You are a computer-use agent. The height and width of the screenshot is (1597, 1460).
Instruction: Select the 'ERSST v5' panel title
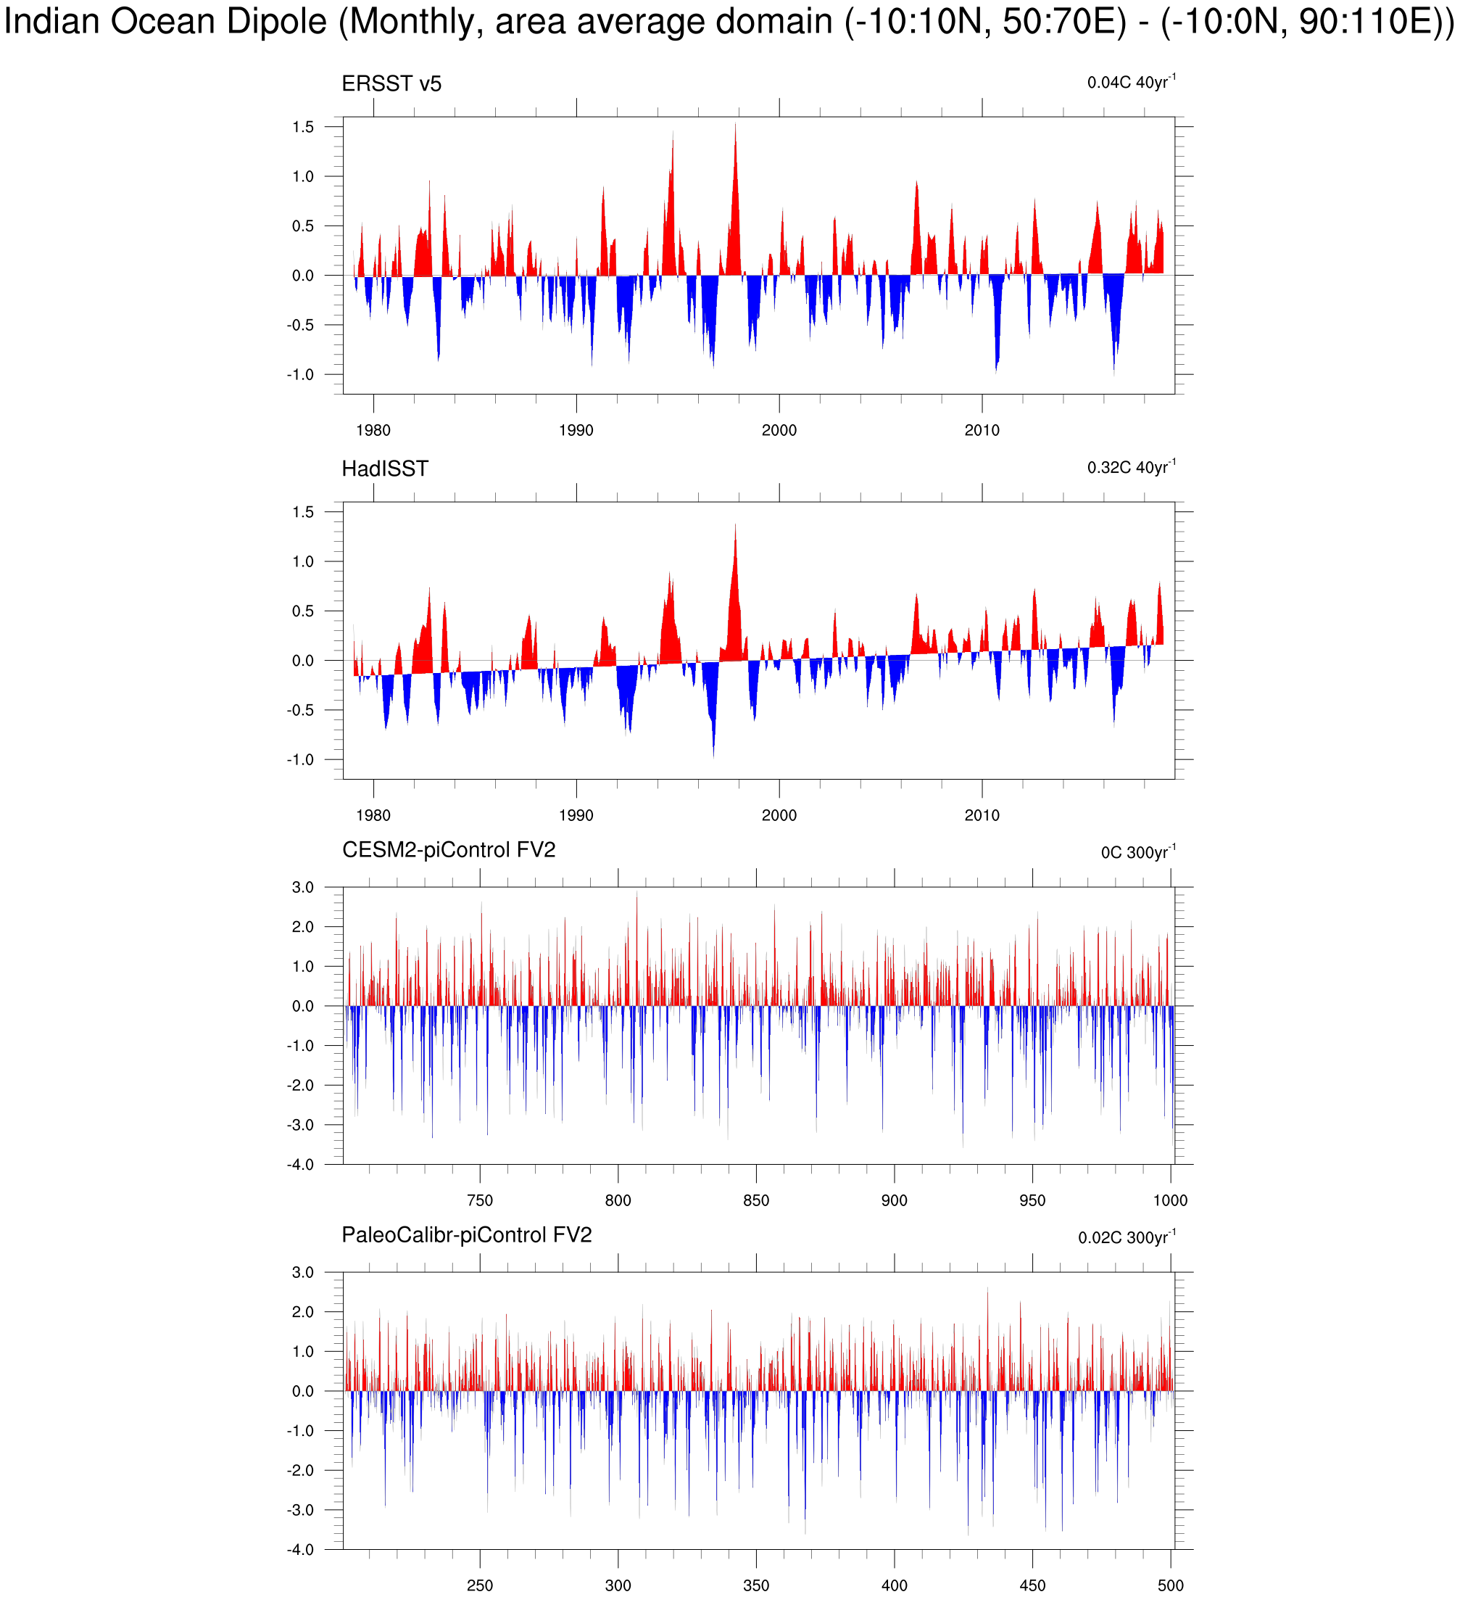[x=391, y=84]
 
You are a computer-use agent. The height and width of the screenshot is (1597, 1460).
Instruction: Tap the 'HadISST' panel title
[x=385, y=469]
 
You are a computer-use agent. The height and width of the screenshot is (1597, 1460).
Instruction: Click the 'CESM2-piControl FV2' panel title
[x=448, y=850]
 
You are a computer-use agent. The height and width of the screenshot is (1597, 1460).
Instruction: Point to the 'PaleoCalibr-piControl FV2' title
[x=466, y=1235]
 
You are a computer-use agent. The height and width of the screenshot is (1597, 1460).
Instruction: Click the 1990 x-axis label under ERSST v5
[x=576, y=430]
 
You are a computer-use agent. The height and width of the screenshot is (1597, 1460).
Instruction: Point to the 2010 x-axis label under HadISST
[x=982, y=815]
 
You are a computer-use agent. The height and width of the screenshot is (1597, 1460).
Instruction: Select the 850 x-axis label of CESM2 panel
[x=756, y=1200]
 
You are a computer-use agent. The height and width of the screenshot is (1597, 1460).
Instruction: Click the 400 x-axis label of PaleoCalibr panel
[x=894, y=1585]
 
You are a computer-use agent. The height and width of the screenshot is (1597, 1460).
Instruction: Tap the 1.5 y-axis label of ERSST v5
[x=302, y=127]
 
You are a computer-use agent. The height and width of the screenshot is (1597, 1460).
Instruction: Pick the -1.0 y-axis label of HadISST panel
[x=300, y=759]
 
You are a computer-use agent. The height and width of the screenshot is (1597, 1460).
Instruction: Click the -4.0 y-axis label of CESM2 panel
[x=300, y=1165]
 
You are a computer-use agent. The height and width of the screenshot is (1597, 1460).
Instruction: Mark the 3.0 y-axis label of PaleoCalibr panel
[x=302, y=1272]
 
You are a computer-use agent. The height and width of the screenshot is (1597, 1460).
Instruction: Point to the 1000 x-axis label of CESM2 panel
[x=1170, y=1200]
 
